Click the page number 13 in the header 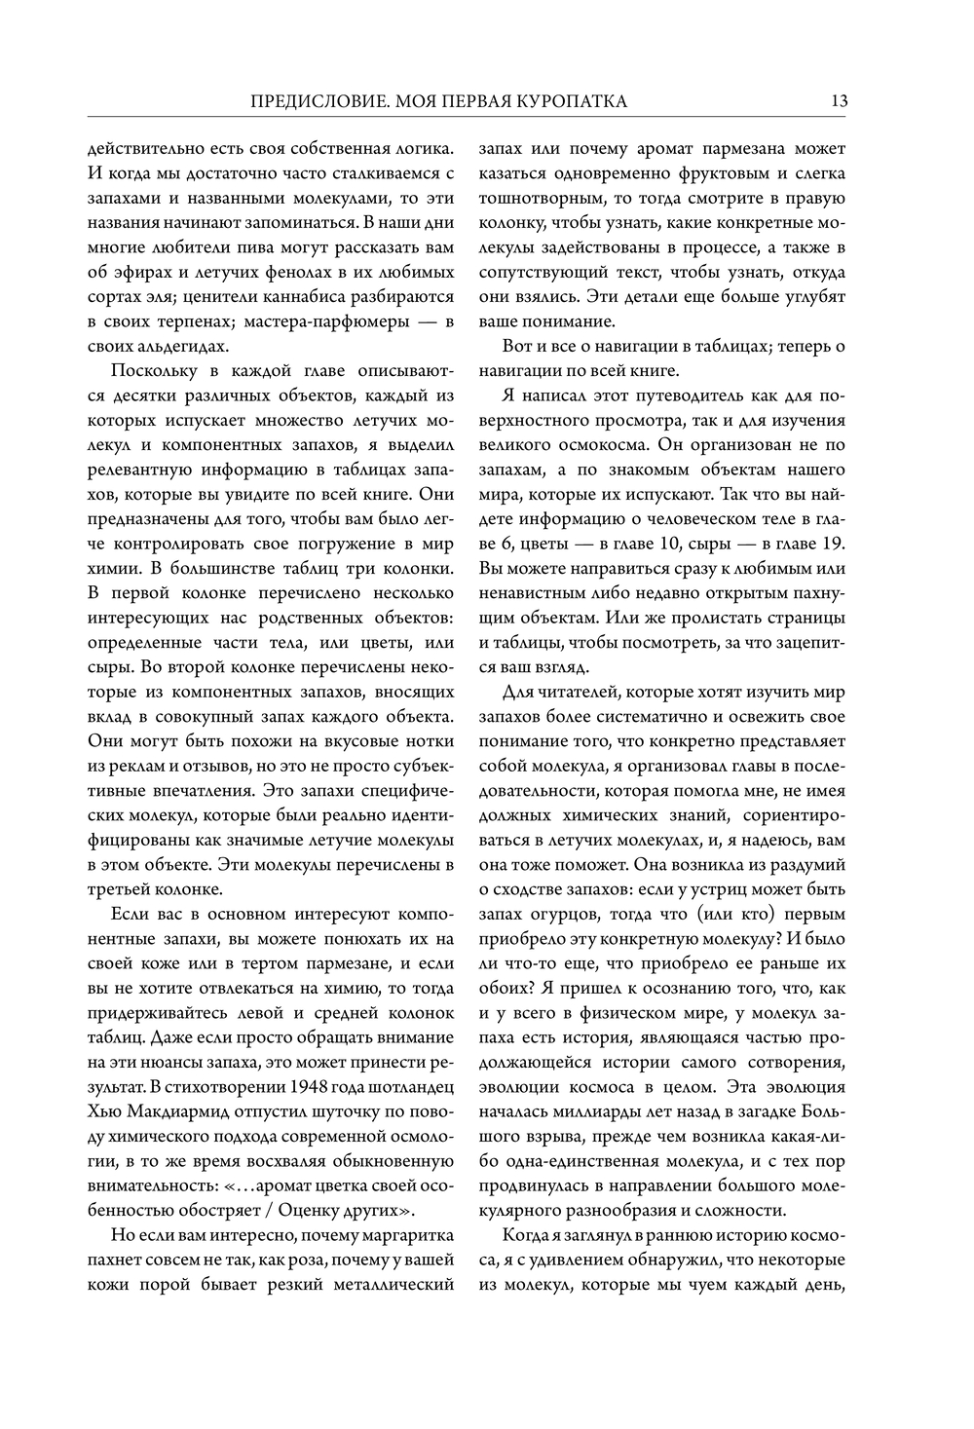(839, 100)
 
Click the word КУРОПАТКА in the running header (570, 100)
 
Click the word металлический (394, 1284)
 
